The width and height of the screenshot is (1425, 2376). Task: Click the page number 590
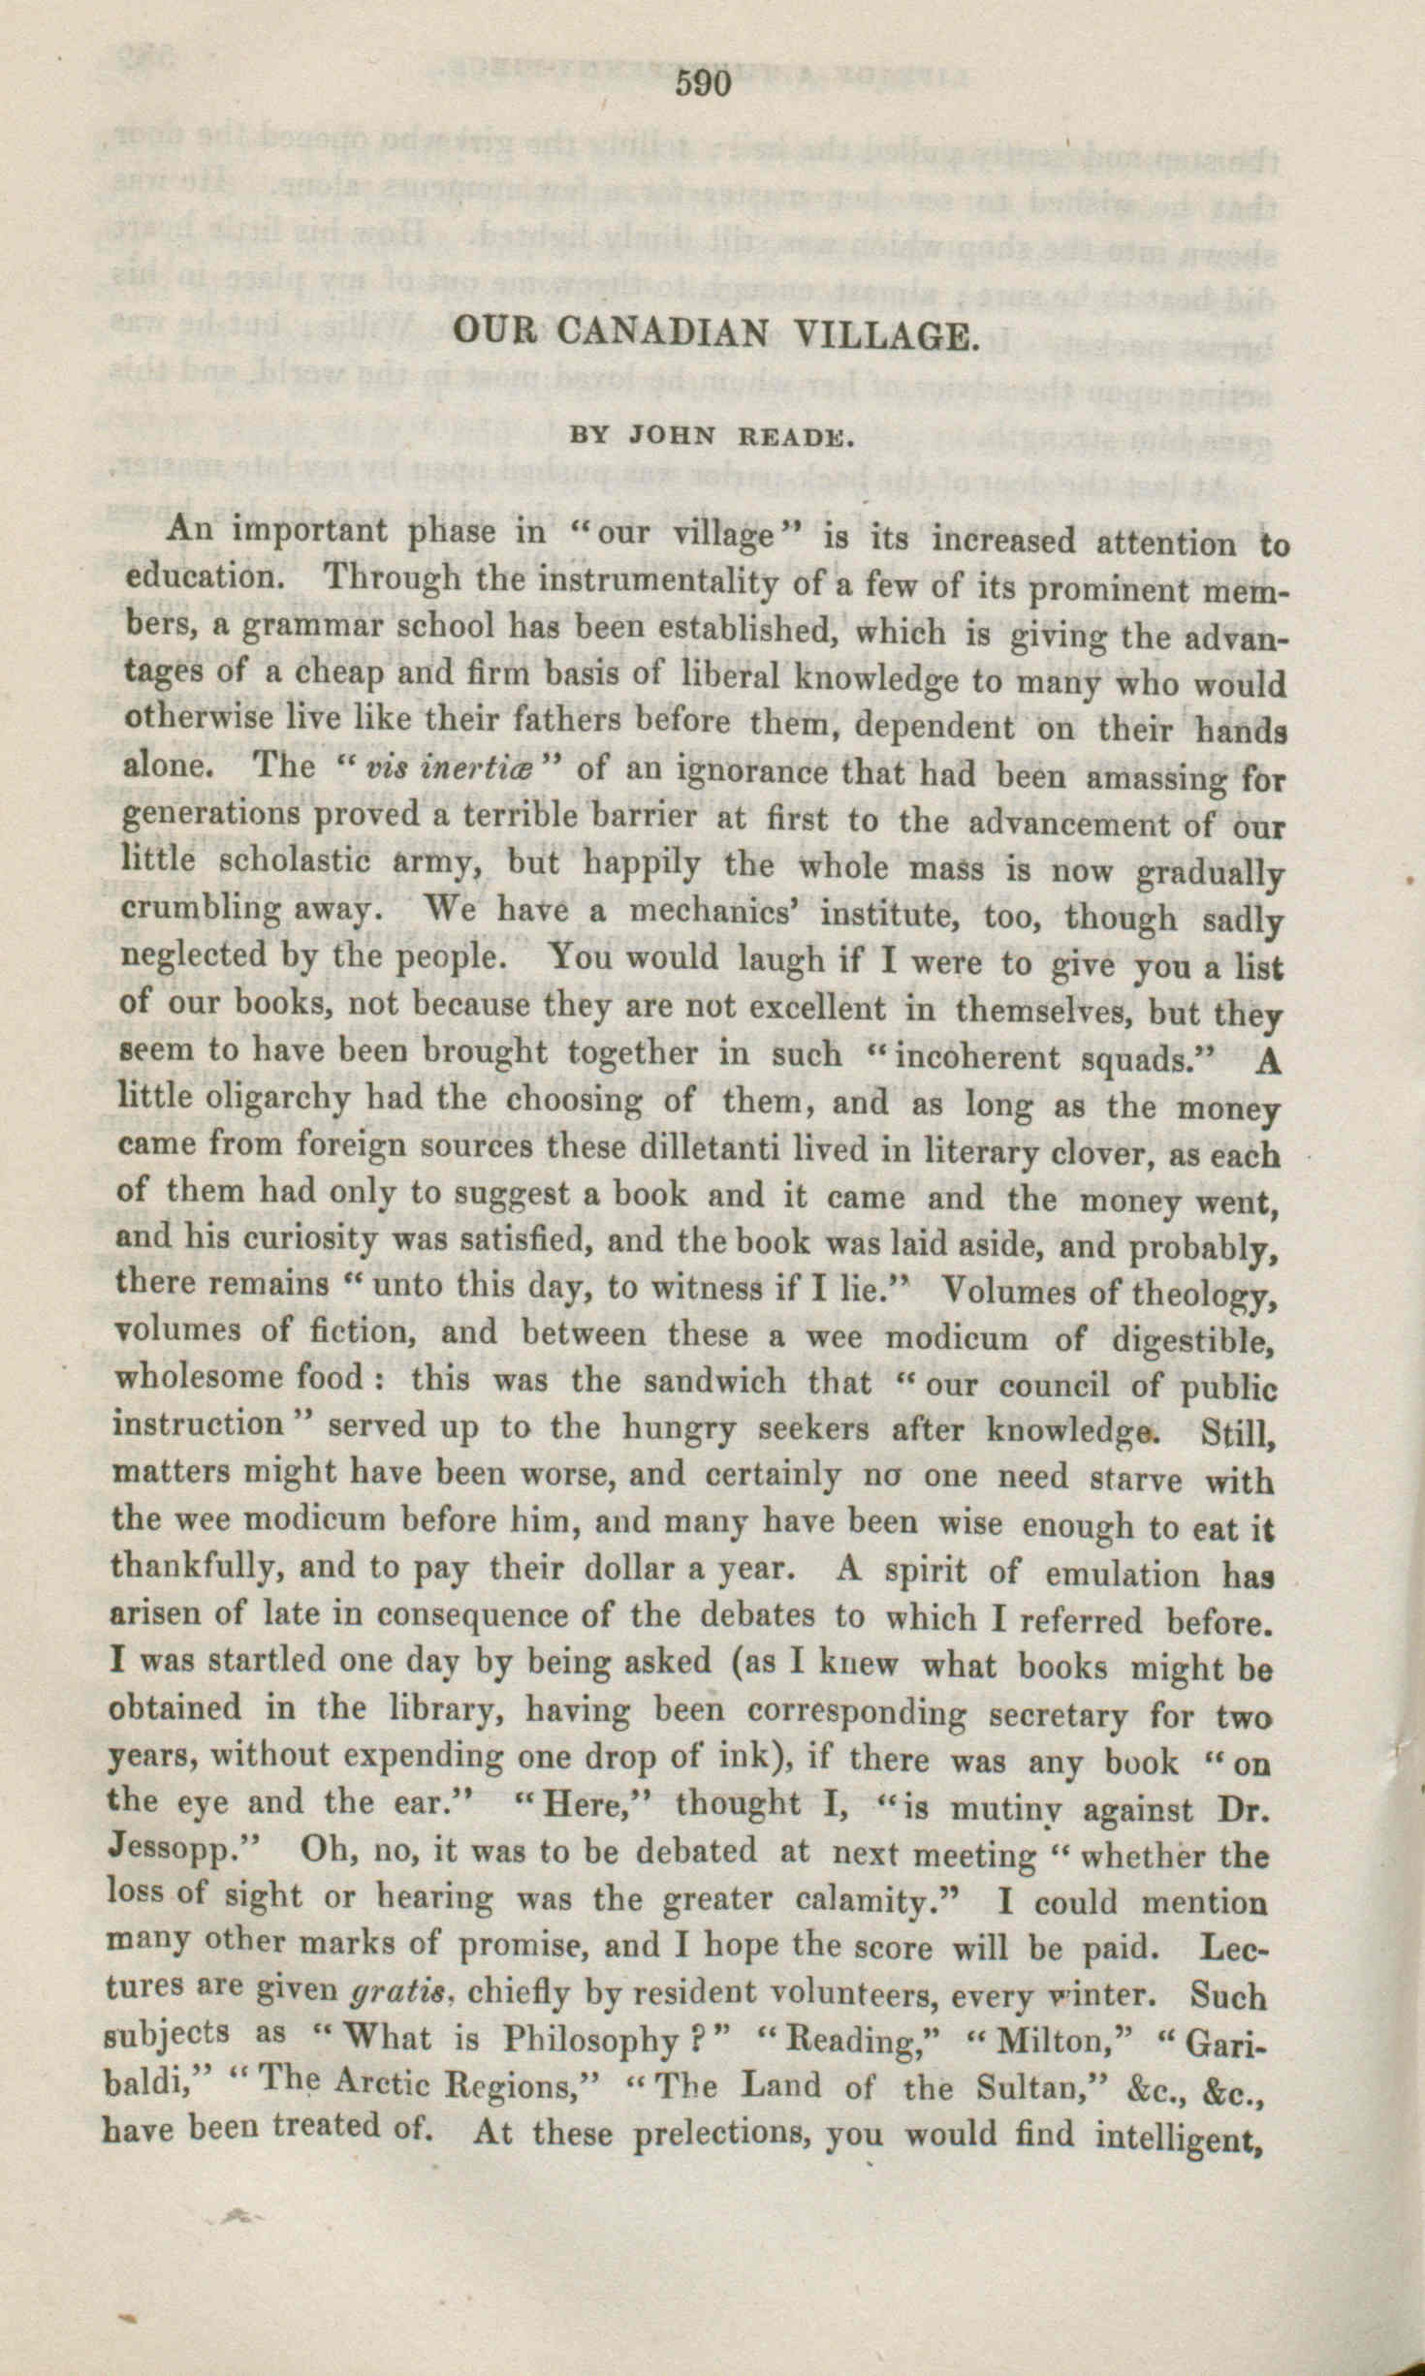[704, 84]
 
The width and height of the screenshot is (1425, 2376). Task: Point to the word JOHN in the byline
[672, 437]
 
